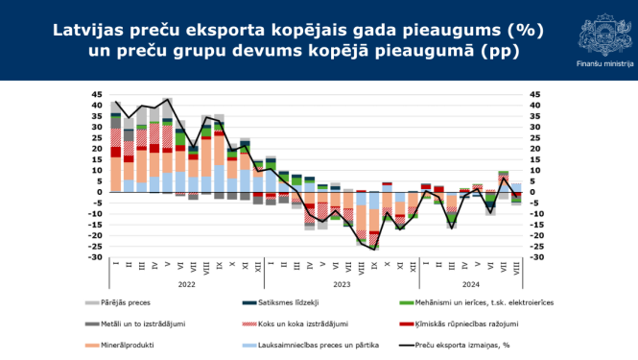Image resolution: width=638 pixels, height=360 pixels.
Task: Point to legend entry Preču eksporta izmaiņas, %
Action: [x=461, y=344]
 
